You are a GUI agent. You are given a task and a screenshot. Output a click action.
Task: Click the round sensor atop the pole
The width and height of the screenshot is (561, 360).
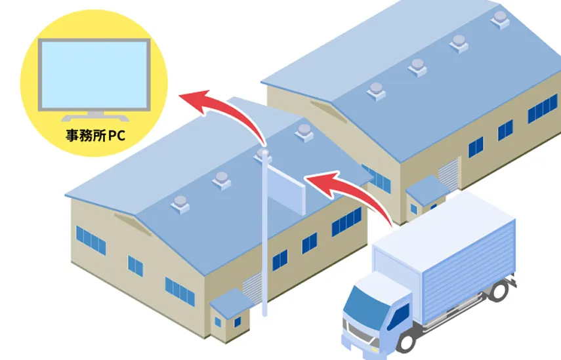[x=263, y=154]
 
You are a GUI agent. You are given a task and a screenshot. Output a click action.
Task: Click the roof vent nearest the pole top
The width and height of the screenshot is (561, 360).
[x=304, y=132]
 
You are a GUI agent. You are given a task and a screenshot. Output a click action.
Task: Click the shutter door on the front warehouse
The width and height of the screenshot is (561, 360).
[x=253, y=287]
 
